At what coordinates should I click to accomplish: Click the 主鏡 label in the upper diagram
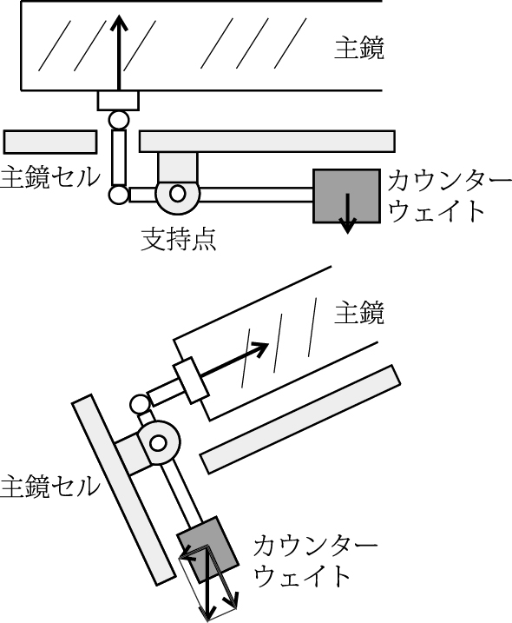358,49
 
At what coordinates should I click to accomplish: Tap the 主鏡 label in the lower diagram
358,313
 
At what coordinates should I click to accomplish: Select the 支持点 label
179,239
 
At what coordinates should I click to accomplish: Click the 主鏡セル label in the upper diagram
50,177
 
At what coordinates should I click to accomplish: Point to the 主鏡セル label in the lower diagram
50,487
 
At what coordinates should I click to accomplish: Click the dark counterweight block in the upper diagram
346,196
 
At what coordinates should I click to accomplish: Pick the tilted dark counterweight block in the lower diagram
207,549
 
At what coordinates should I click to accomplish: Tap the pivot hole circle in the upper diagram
177,194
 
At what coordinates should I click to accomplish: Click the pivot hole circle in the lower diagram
158,442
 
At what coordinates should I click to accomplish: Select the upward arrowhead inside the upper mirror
119,23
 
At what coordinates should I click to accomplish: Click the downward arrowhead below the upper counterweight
348,228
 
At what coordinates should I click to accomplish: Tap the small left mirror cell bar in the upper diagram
50,142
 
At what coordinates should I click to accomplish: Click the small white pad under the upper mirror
118,101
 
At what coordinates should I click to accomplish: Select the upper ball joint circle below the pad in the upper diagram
119,120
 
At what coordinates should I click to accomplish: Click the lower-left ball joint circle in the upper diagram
119,195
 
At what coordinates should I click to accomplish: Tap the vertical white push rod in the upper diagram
119,157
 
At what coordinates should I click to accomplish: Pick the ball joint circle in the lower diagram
140,405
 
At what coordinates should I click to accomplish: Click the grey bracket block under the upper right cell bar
177,168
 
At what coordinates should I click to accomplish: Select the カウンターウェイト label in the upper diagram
450,196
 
